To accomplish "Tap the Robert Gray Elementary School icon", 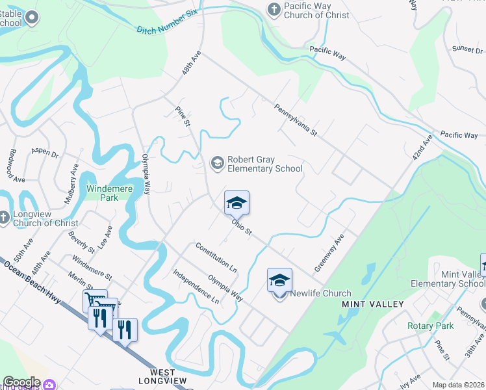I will coord(217,162).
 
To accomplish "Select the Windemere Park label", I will coord(103,193).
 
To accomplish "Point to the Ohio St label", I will coord(242,227).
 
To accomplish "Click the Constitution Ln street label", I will coord(216,256).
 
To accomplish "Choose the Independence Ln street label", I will coord(196,287).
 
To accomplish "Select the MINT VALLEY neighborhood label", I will coord(373,304).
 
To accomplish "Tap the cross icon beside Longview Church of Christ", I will coord(5,218).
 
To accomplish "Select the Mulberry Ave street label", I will coord(71,184).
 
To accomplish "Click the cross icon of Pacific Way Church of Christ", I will coord(274,9).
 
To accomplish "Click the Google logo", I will coord(21,382).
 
